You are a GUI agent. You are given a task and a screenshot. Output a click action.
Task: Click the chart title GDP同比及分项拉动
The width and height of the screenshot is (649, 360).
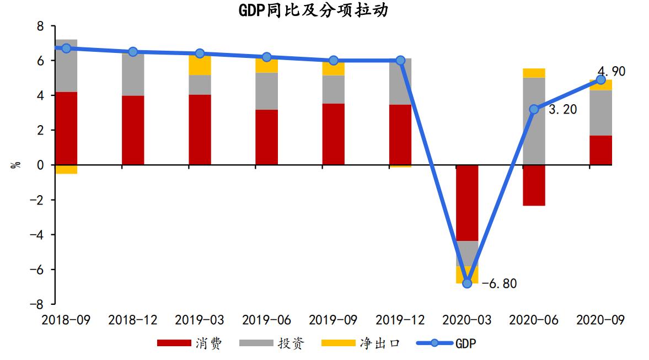(x=313, y=10)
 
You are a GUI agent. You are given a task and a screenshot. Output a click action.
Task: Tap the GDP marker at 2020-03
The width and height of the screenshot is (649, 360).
(x=467, y=283)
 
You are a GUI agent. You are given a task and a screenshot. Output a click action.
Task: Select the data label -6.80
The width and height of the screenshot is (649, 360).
(x=499, y=284)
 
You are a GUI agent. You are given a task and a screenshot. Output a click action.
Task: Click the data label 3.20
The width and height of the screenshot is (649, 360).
(x=562, y=109)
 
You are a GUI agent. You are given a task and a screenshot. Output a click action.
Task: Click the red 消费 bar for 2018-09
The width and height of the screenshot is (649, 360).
(x=66, y=128)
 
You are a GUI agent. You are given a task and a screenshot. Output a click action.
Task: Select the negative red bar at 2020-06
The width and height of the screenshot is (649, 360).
(x=534, y=185)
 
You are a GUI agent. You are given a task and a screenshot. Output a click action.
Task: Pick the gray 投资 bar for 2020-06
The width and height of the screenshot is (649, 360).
(x=534, y=121)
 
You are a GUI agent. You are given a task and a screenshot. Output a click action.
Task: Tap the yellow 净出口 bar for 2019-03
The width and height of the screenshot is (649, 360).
(x=200, y=65)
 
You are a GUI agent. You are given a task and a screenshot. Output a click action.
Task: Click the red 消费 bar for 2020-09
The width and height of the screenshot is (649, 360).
(x=600, y=150)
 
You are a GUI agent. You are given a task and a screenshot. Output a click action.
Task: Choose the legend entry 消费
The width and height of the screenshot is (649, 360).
(x=190, y=343)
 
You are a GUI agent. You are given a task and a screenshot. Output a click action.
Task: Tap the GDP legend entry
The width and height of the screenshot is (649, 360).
(x=447, y=343)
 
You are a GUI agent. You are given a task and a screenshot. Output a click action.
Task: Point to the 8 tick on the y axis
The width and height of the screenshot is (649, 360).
(x=39, y=26)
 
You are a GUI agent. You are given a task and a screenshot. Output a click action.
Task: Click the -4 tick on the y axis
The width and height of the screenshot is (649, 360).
(x=36, y=235)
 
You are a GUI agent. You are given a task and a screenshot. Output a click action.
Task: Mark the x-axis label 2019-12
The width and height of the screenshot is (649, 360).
(x=400, y=320)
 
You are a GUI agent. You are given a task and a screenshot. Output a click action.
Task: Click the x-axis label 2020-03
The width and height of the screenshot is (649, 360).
(x=467, y=320)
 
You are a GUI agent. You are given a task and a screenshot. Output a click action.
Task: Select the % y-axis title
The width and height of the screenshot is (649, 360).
(x=15, y=164)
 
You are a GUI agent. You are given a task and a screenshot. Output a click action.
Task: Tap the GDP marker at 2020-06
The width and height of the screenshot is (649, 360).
(x=534, y=109)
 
